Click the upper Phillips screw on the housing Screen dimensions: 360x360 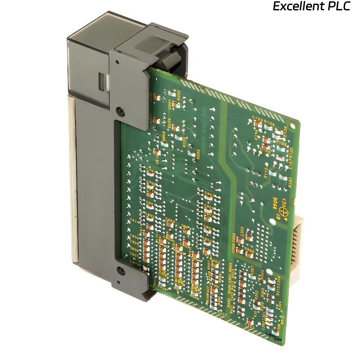(120, 109)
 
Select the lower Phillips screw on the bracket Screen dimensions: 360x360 (120, 270)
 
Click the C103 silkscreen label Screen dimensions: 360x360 (257, 118)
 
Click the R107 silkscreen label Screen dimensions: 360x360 (290, 181)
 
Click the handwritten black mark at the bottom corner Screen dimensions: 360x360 (273, 335)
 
